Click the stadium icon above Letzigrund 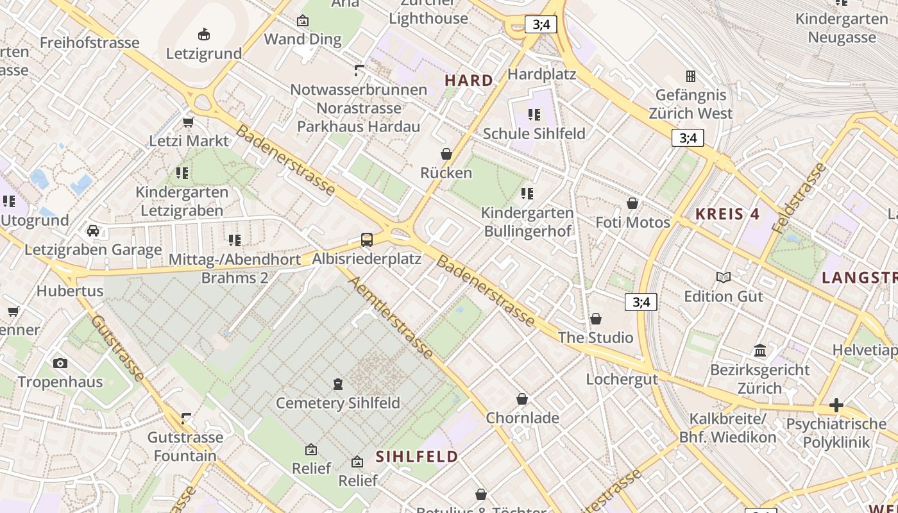tap(204, 34)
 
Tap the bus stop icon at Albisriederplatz tap(367, 240)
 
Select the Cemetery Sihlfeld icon tap(338, 384)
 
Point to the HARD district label tap(470, 80)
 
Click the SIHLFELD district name tap(417, 457)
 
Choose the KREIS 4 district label tap(727, 214)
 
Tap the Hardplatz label tap(541, 74)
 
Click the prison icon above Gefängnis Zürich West tap(691, 76)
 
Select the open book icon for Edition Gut tap(724, 277)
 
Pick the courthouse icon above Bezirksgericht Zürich tap(760, 350)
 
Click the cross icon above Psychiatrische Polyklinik tap(836, 405)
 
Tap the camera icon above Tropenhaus tap(60, 363)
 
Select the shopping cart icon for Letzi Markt tap(189, 122)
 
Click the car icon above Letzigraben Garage tap(93, 231)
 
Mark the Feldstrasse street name tap(799, 198)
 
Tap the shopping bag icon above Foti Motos tap(632, 203)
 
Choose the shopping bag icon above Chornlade tap(522, 399)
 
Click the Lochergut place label tap(622, 379)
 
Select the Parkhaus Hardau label tap(359, 126)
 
